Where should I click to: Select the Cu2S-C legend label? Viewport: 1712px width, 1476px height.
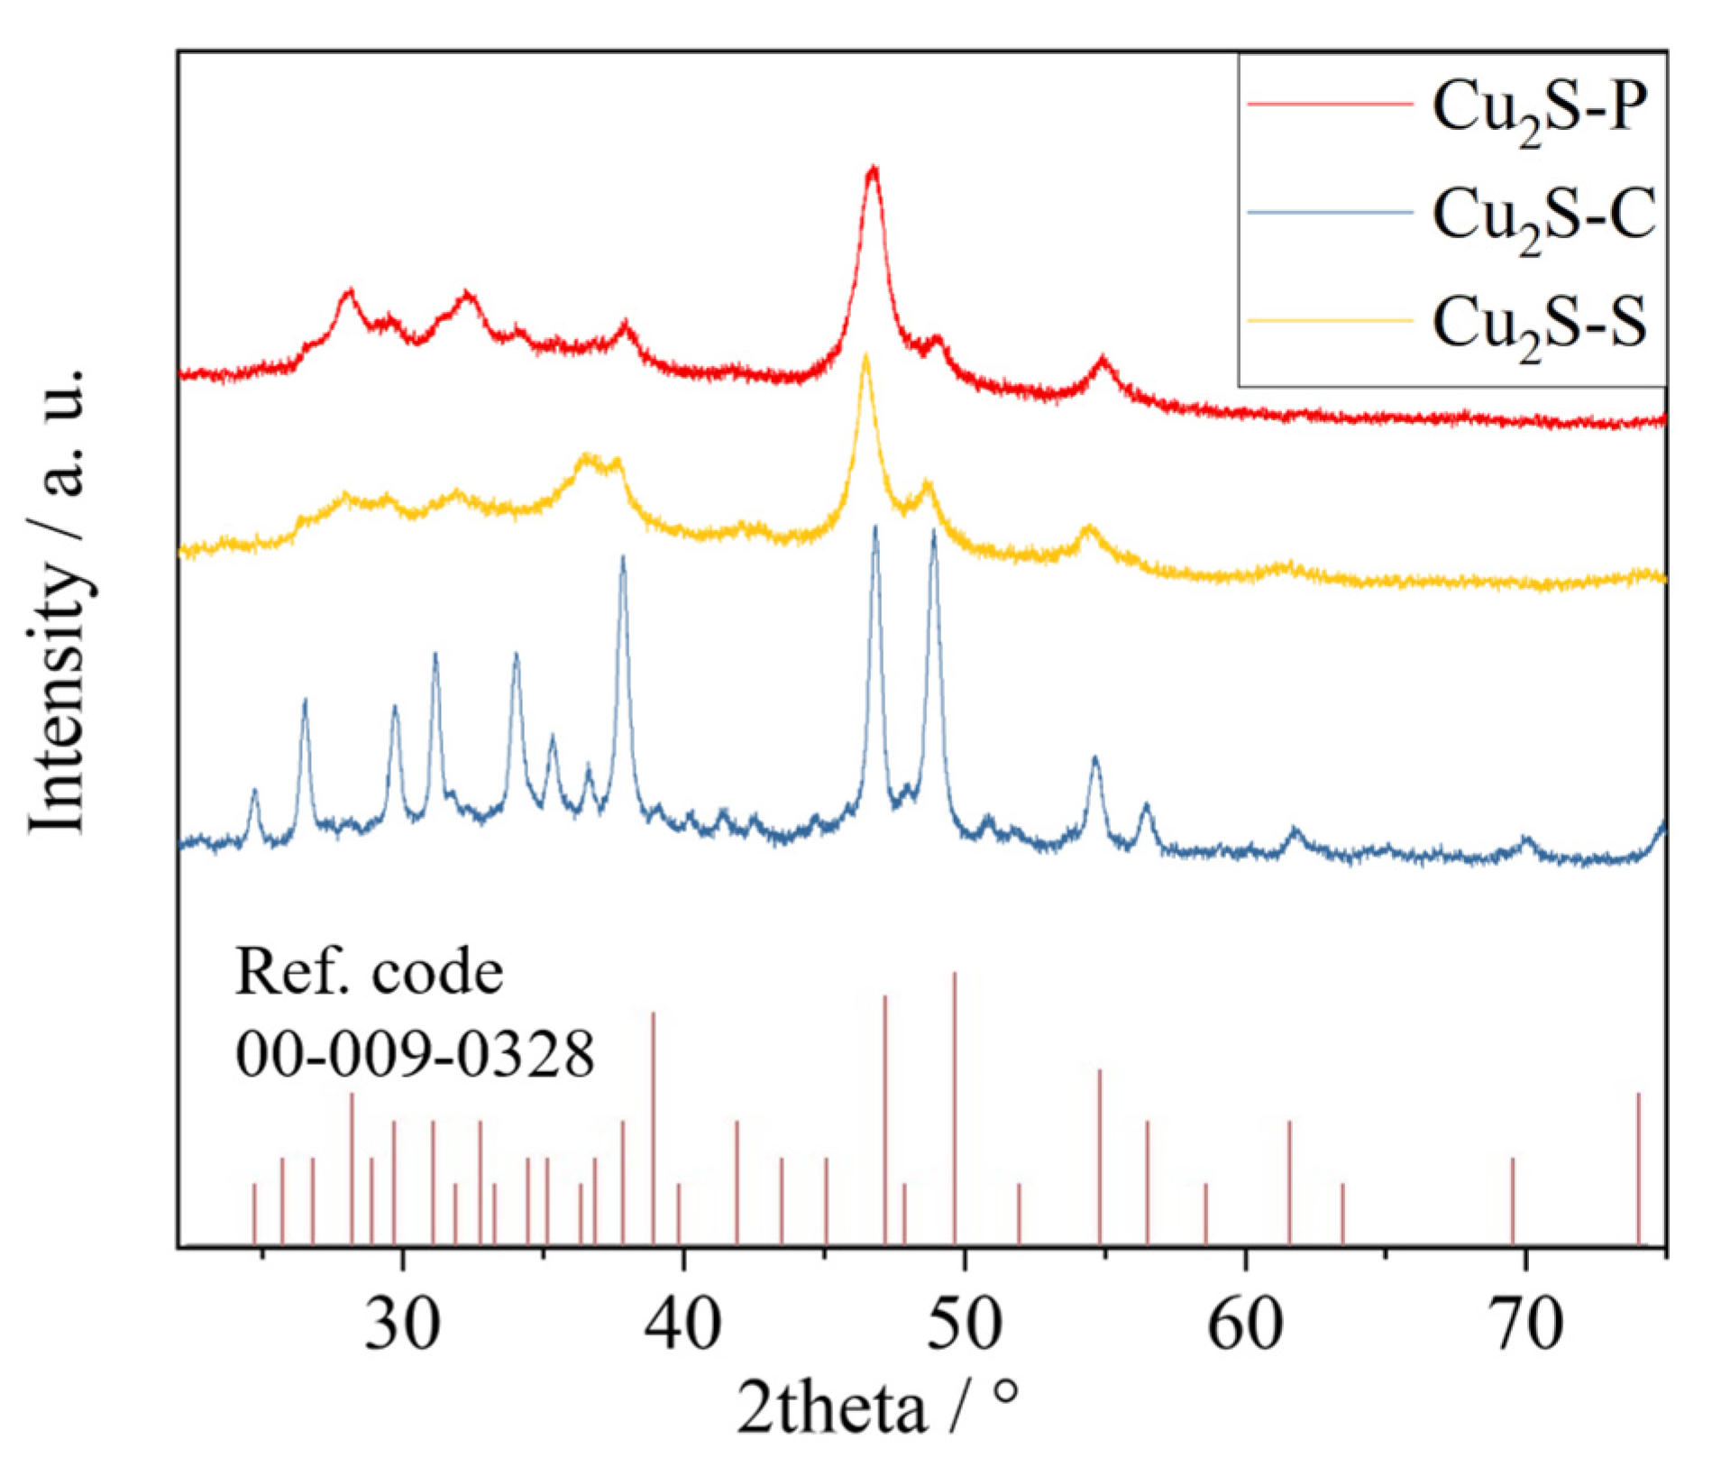pos(1543,216)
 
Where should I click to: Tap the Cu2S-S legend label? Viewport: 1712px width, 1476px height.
pos(1540,323)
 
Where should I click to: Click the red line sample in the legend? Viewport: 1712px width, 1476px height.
pos(1329,105)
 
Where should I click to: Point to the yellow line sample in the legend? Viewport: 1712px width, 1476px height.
pos(1329,319)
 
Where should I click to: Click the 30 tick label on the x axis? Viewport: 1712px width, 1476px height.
pos(403,1324)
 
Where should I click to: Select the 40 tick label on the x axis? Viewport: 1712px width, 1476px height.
pos(683,1324)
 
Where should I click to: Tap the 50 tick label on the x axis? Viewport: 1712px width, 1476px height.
pos(965,1324)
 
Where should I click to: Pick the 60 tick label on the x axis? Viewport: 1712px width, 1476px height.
pos(1245,1324)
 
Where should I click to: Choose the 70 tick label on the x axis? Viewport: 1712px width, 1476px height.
pos(1525,1324)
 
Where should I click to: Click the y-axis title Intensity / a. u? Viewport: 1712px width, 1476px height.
pos(60,601)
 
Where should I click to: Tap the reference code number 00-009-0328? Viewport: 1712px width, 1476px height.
pos(415,1052)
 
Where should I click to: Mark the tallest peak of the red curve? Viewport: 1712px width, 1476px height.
pos(872,170)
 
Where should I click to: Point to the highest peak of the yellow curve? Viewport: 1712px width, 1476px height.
pos(866,357)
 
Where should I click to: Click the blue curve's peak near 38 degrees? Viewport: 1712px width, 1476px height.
pos(623,559)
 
